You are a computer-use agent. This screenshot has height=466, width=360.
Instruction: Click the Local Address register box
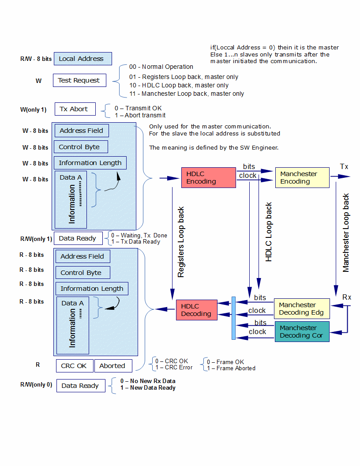(82, 59)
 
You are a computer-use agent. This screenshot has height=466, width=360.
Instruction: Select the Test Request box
(79, 80)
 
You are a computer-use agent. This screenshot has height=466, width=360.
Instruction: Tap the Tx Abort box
(74, 109)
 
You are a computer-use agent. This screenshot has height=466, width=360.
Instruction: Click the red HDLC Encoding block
(208, 177)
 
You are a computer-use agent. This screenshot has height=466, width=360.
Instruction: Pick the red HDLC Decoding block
(196, 310)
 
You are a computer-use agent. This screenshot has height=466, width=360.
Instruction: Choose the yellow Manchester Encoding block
(302, 177)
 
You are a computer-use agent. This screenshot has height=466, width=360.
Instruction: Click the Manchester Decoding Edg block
(302, 309)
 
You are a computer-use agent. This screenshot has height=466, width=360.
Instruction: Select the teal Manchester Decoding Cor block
(302, 331)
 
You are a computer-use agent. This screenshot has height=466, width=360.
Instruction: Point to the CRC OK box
(74, 366)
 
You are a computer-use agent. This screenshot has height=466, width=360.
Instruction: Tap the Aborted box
(112, 366)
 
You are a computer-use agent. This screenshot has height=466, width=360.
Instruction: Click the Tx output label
(344, 166)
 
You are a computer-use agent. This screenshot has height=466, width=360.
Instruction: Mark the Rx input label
(347, 297)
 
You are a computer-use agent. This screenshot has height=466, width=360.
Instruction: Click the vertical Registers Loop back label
(181, 242)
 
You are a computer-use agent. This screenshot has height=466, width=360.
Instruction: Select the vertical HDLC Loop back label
(269, 233)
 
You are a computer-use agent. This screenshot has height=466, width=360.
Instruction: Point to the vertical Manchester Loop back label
(346, 233)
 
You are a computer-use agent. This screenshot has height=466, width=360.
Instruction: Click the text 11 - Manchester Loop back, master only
(187, 94)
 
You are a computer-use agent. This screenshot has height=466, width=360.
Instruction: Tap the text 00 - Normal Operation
(161, 67)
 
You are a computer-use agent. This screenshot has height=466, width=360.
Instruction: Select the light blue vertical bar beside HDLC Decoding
(233, 318)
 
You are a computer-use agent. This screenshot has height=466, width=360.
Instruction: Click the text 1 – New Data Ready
(148, 388)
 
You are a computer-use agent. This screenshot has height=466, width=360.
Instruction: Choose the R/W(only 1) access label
(36, 239)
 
